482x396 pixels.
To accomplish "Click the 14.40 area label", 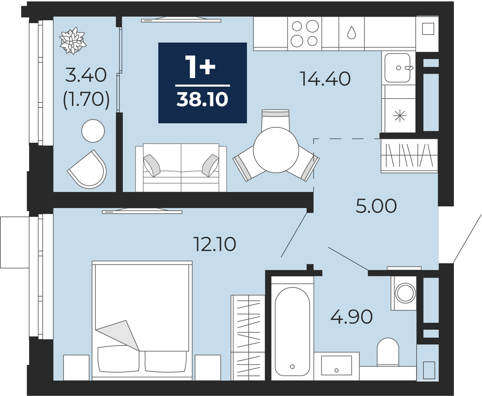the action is [x=325, y=79].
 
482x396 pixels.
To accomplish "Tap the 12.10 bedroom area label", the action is [x=215, y=244].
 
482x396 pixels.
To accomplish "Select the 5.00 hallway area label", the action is [x=376, y=206].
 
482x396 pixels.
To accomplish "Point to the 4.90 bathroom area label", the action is [x=351, y=317].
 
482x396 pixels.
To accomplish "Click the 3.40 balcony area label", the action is [x=86, y=75].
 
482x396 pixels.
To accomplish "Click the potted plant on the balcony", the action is [x=73, y=41].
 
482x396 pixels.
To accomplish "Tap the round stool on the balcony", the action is [x=93, y=131].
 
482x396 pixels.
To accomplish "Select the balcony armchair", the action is [x=88, y=170].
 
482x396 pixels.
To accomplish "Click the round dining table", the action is [x=276, y=150].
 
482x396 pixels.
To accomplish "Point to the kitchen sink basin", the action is [x=397, y=68].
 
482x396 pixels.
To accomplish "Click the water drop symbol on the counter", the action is [x=351, y=33].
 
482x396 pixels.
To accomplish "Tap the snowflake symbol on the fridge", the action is [x=400, y=116].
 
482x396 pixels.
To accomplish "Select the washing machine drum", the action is [x=405, y=293].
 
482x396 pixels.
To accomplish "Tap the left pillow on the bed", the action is [x=118, y=359].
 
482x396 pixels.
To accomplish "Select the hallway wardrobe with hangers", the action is [x=409, y=155].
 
